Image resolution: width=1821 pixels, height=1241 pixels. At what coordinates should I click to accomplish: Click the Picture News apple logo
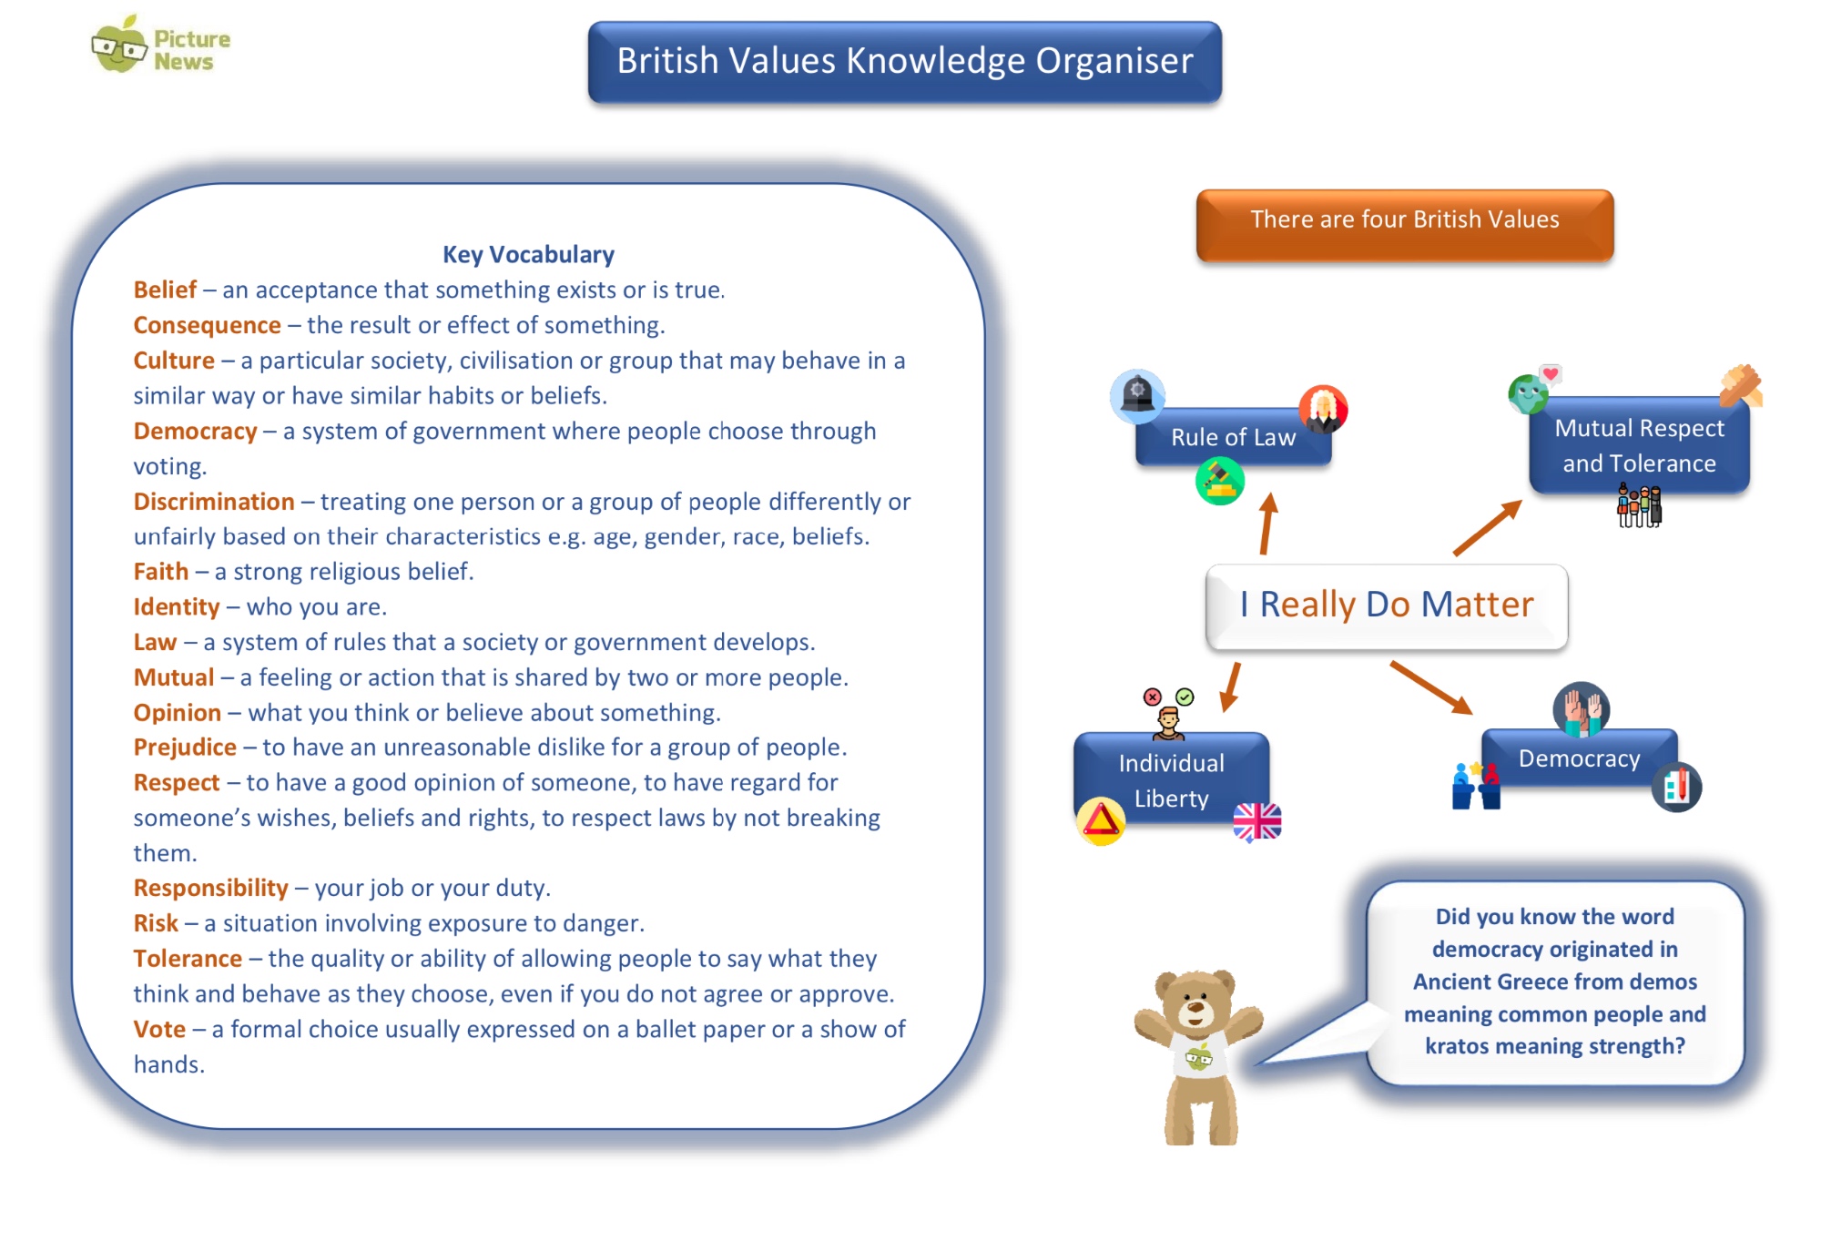[x=119, y=45]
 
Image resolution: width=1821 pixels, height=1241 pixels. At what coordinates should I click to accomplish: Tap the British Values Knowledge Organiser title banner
[x=904, y=62]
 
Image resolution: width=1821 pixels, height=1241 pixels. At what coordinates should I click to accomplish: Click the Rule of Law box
[x=1234, y=437]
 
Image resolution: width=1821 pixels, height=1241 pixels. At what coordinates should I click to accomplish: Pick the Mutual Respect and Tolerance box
[x=1639, y=445]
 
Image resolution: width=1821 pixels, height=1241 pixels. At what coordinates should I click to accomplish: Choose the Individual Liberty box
[x=1171, y=780]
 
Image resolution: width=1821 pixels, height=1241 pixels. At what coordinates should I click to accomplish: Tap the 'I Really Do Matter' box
[x=1387, y=605]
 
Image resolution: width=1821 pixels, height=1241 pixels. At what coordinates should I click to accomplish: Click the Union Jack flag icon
[x=1257, y=822]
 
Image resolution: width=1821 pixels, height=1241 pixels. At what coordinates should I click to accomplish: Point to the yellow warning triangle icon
[x=1101, y=821]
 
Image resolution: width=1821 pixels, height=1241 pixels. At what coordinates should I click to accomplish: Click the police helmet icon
[x=1137, y=396]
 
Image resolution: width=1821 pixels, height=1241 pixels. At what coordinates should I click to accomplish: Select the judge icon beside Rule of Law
[x=1323, y=409]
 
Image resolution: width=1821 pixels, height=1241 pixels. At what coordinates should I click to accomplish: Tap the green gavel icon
[x=1220, y=481]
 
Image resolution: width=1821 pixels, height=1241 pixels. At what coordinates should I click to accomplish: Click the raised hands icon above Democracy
[x=1582, y=709]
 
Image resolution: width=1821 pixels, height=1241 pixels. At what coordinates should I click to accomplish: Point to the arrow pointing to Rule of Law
[x=1267, y=524]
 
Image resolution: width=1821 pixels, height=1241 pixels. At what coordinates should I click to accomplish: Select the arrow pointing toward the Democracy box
[x=1431, y=688]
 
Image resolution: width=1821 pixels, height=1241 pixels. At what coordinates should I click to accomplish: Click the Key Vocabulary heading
[x=528, y=254]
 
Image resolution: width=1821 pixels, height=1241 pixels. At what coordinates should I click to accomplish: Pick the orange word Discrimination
[x=214, y=502]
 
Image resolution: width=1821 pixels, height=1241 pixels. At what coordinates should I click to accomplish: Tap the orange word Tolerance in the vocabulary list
[x=188, y=959]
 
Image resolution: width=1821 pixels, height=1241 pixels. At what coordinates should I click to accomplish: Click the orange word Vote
[x=159, y=1029]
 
